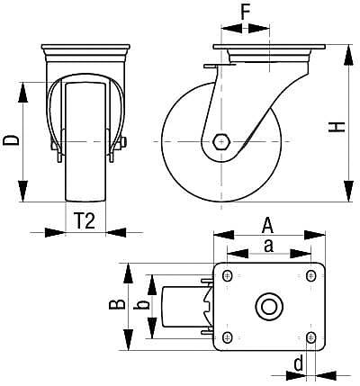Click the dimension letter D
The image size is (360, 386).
point(10,140)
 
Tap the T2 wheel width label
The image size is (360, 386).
point(84,221)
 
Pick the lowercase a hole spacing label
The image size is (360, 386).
point(267,246)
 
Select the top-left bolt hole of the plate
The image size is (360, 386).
point(227,274)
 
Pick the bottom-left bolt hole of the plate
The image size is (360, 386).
point(227,337)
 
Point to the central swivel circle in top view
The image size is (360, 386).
point(268,306)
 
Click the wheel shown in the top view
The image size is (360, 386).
point(171,306)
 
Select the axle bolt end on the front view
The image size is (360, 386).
point(122,140)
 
